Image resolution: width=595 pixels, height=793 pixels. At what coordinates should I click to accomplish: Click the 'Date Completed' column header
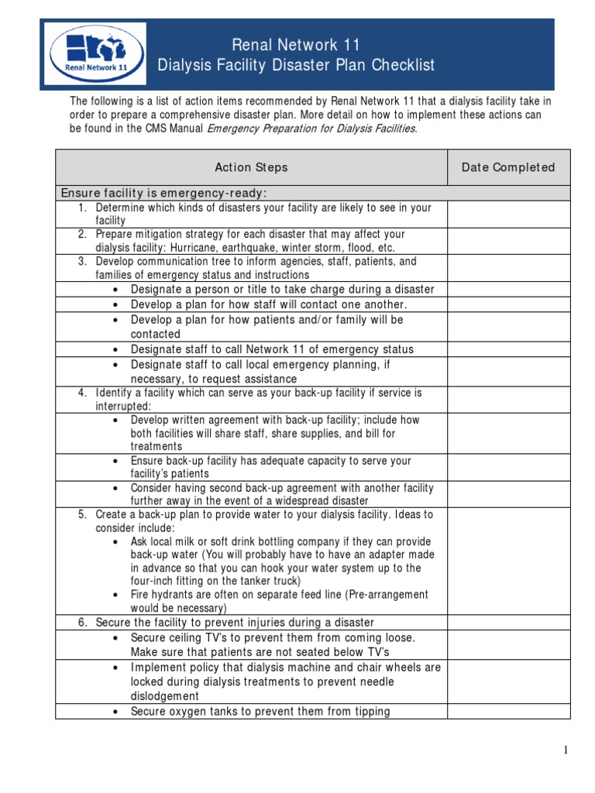click(x=508, y=167)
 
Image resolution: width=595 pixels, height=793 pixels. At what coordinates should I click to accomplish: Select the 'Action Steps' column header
click(x=251, y=167)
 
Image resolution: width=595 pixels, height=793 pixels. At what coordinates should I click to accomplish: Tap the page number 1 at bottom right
click(x=566, y=750)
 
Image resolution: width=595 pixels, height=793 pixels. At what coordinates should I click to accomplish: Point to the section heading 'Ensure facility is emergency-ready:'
click(x=163, y=193)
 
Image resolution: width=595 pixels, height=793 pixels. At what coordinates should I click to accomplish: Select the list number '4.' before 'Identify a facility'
click(x=82, y=393)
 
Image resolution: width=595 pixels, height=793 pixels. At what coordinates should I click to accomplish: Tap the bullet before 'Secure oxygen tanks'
click(x=115, y=712)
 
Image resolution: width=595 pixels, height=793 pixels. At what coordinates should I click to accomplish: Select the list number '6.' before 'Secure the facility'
click(x=82, y=623)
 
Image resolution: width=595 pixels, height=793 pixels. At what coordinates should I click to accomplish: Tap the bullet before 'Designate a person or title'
click(x=115, y=290)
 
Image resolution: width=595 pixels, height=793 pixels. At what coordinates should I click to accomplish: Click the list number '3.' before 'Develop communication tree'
click(x=82, y=261)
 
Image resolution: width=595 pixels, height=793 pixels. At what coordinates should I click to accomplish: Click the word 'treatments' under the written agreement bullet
click(x=156, y=447)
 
